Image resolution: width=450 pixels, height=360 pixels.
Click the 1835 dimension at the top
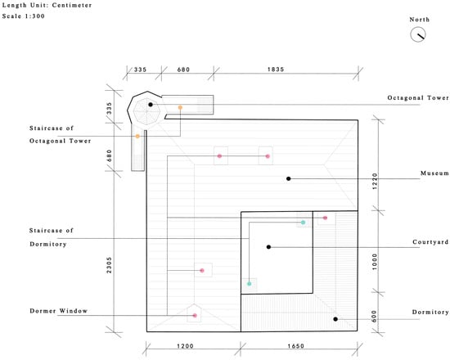coord(276,70)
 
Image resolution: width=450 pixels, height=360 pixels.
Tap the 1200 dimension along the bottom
coord(185,346)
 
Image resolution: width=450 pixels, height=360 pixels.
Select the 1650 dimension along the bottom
coord(296,346)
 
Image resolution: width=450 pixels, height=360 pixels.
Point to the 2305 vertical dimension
coord(109,265)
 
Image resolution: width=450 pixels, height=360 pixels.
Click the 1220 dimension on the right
coord(375,181)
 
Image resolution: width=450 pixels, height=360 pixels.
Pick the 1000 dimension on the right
coord(375,262)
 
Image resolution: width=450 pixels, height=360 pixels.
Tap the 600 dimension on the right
coord(374,316)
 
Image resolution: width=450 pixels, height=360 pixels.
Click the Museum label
coord(434,173)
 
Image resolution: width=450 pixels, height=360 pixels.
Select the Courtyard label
coord(430,242)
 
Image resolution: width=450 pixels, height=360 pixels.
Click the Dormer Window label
coord(59,311)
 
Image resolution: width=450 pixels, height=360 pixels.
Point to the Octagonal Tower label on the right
coord(418,97)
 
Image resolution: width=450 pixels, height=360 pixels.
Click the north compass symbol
coord(418,34)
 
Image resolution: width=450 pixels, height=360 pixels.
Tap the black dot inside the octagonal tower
coord(151,105)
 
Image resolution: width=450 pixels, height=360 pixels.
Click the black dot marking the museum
coord(289,178)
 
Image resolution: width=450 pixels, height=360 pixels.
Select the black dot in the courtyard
coord(268,247)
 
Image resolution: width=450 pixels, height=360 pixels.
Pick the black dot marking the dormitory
coord(335,319)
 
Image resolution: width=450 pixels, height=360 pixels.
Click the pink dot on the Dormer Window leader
coord(195,316)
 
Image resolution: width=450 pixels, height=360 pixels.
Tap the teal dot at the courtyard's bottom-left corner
coord(249,284)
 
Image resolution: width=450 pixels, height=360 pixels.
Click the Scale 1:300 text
coord(23,16)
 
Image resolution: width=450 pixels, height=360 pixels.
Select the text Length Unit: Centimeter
coord(47,5)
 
